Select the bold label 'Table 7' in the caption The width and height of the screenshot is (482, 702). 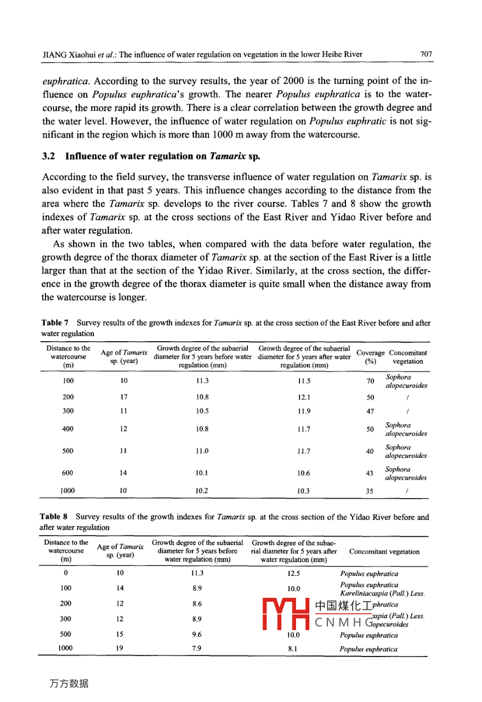point(52,324)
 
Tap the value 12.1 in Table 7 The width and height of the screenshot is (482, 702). point(304,397)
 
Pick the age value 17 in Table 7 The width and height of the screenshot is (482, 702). point(124,397)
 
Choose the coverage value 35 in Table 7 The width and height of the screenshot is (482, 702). point(370,491)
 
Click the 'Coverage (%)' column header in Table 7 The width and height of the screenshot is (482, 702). point(371,357)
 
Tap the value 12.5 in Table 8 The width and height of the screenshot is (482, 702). point(294,574)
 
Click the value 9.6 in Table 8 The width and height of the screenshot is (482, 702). point(197,635)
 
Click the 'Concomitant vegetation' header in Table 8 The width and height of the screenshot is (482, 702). point(384,552)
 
